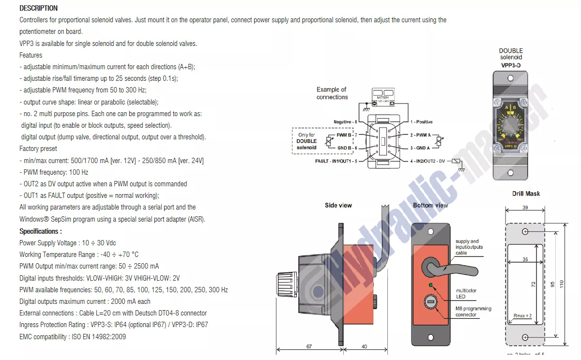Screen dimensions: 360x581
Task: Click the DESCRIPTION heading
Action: [38, 8]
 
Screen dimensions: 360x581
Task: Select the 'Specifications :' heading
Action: [41, 231]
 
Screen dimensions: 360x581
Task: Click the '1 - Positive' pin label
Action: [421, 122]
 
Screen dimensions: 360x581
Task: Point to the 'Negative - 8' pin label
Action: [345, 122]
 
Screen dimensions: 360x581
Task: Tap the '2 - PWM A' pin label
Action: [420, 135]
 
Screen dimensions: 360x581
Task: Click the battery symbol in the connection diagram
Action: [383, 97]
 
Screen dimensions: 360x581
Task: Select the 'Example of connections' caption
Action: [332, 93]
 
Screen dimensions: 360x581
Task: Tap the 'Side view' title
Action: [338, 205]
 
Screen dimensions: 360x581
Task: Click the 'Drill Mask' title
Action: [526, 194]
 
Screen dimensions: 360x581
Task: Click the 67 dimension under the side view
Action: [309, 346]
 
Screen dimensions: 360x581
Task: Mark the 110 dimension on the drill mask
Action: [562, 285]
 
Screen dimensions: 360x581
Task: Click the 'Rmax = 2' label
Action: [522, 316]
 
